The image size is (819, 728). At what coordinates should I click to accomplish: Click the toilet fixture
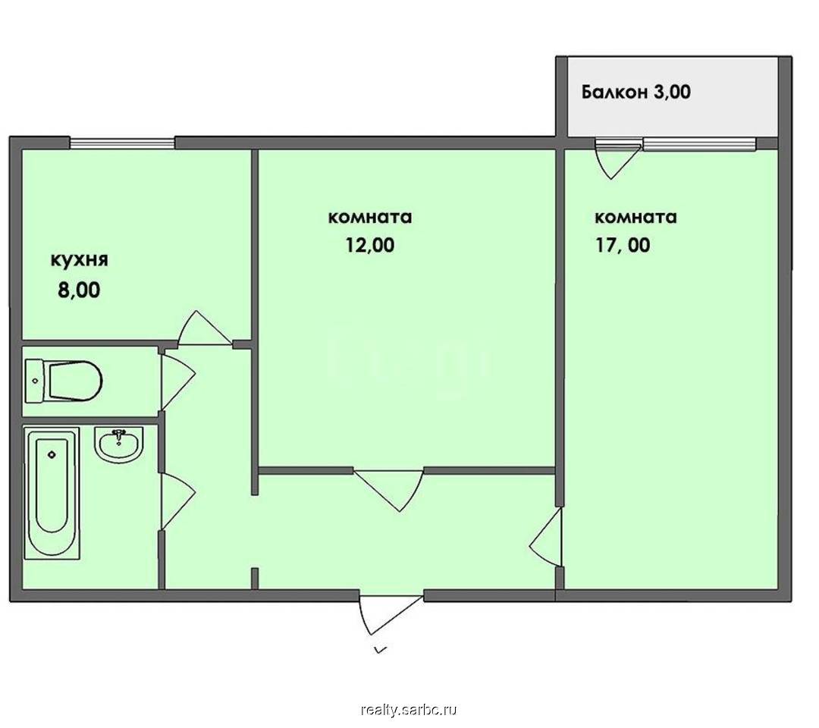[63, 381]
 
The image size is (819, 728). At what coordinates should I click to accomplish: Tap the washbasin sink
[118, 444]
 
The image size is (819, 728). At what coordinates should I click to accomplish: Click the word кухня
[80, 260]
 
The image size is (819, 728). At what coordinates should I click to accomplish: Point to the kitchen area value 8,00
[79, 290]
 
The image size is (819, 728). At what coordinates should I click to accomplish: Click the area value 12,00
[370, 245]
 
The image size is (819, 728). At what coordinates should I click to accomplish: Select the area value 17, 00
[623, 245]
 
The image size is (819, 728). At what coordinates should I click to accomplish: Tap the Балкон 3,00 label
[636, 92]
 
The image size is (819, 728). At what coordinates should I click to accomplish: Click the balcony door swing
[618, 158]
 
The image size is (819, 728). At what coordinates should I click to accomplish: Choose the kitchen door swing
[205, 328]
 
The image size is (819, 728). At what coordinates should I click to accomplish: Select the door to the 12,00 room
[389, 489]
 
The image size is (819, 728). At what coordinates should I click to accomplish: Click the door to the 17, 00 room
[546, 537]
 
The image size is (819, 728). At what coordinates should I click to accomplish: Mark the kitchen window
[122, 143]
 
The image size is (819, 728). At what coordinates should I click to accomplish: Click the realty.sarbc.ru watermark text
[409, 711]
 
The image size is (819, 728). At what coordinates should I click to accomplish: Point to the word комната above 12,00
[370, 217]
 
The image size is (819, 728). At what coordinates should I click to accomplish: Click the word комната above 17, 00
[635, 217]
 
